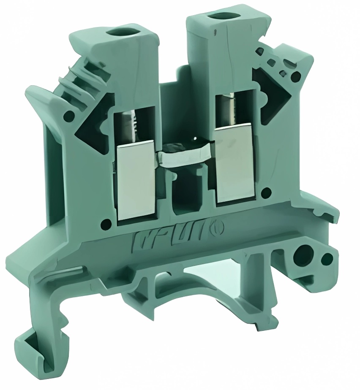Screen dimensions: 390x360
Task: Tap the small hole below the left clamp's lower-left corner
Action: [x=106, y=223]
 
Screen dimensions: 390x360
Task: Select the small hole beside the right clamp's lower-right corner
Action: [x=266, y=193]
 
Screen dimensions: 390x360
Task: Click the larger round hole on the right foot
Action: [x=303, y=255]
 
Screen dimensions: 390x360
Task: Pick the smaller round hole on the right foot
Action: [x=327, y=259]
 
